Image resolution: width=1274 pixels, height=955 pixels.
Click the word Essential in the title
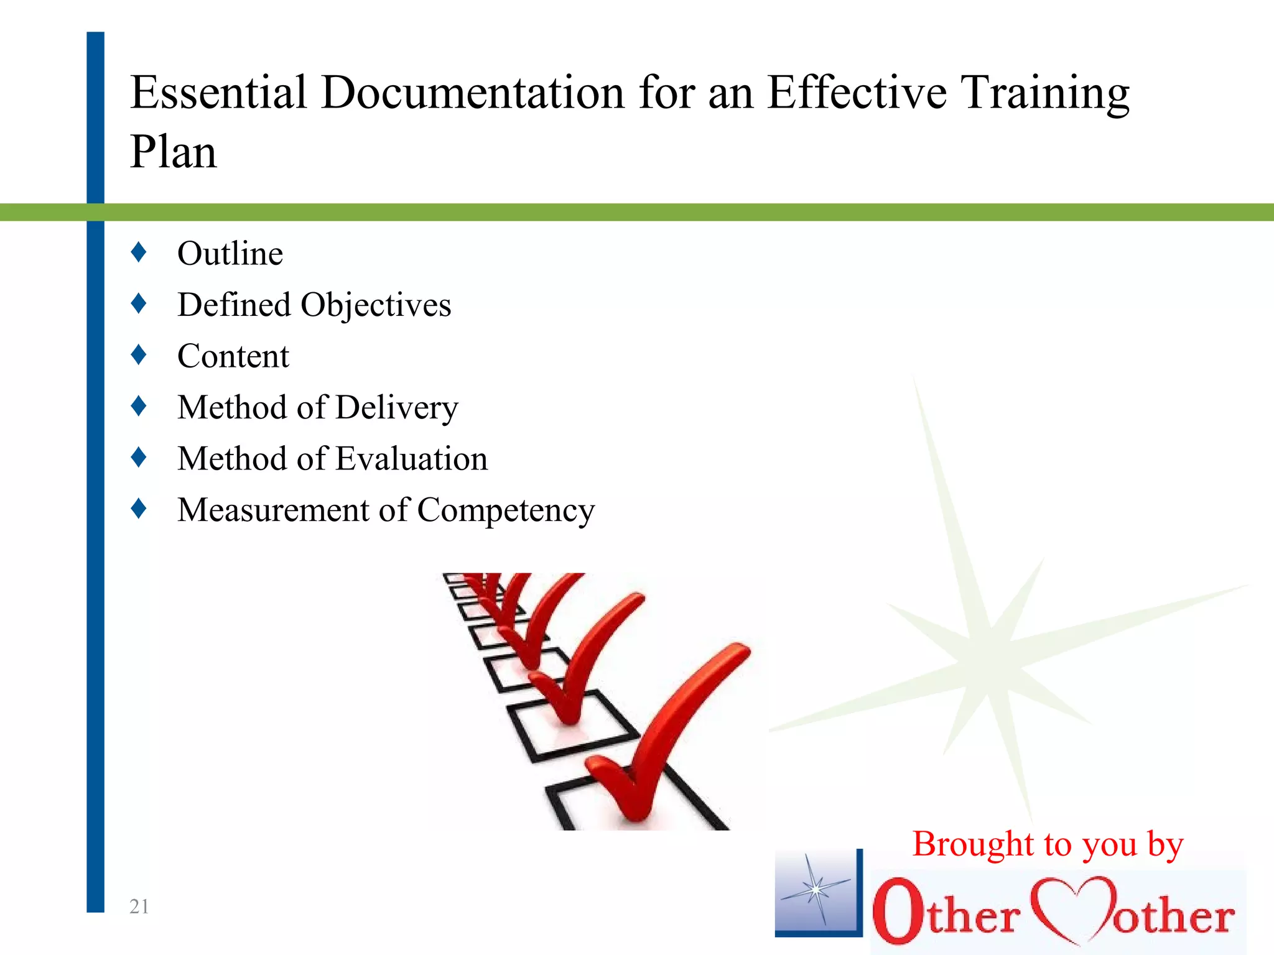pyautogui.click(x=218, y=93)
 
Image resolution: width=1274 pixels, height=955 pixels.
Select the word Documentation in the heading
pyautogui.click(x=472, y=93)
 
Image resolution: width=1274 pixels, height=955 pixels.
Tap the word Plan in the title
pyautogui.click(x=174, y=152)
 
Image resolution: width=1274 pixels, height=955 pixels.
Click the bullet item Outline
pyautogui.click(x=230, y=254)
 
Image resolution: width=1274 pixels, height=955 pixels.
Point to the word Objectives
pyautogui.click(x=376, y=306)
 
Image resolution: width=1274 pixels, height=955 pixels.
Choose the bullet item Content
pyautogui.click(x=233, y=356)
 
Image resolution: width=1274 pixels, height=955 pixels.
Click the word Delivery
pyautogui.click(x=397, y=408)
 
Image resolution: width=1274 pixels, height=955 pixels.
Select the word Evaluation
pyautogui.click(x=411, y=459)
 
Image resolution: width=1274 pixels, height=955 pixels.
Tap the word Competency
pyautogui.click(x=506, y=511)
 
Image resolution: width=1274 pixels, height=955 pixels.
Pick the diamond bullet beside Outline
pyautogui.click(x=139, y=252)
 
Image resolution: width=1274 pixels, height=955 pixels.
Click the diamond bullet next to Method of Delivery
pyautogui.click(x=139, y=407)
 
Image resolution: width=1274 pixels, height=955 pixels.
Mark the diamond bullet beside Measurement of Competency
pyautogui.click(x=139, y=509)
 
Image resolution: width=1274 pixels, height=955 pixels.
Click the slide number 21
pyautogui.click(x=139, y=907)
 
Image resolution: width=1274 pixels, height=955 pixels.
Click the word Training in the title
pyautogui.click(x=1045, y=93)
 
